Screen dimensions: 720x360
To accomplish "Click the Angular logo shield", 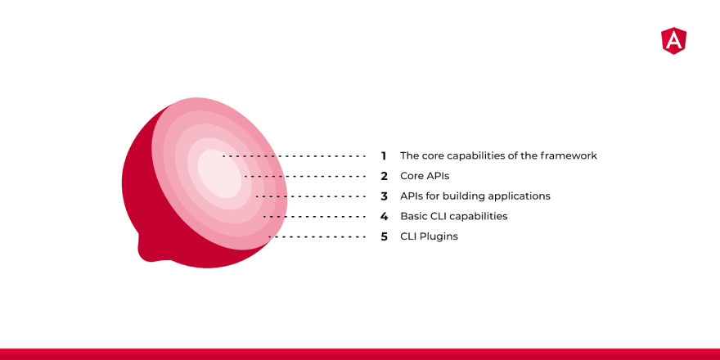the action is tap(673, 41).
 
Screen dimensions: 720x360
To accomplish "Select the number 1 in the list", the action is tap(384, 156).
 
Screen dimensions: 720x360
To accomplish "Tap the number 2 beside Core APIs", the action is tap(385, 177).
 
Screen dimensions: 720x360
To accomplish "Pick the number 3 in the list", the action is tap(385, 196).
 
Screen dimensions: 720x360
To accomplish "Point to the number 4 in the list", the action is tap(385, 216).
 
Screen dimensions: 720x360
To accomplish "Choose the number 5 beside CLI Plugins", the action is tap(385, 237).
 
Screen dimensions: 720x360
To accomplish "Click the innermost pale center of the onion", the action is tap(220, 173).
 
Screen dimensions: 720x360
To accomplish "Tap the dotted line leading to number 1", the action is tap(294, 156).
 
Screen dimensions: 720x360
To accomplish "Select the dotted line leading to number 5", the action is tap(317, 237).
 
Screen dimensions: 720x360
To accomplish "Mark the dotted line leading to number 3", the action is tap(311, 196).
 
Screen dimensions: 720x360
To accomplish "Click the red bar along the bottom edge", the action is tap(360, 354).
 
